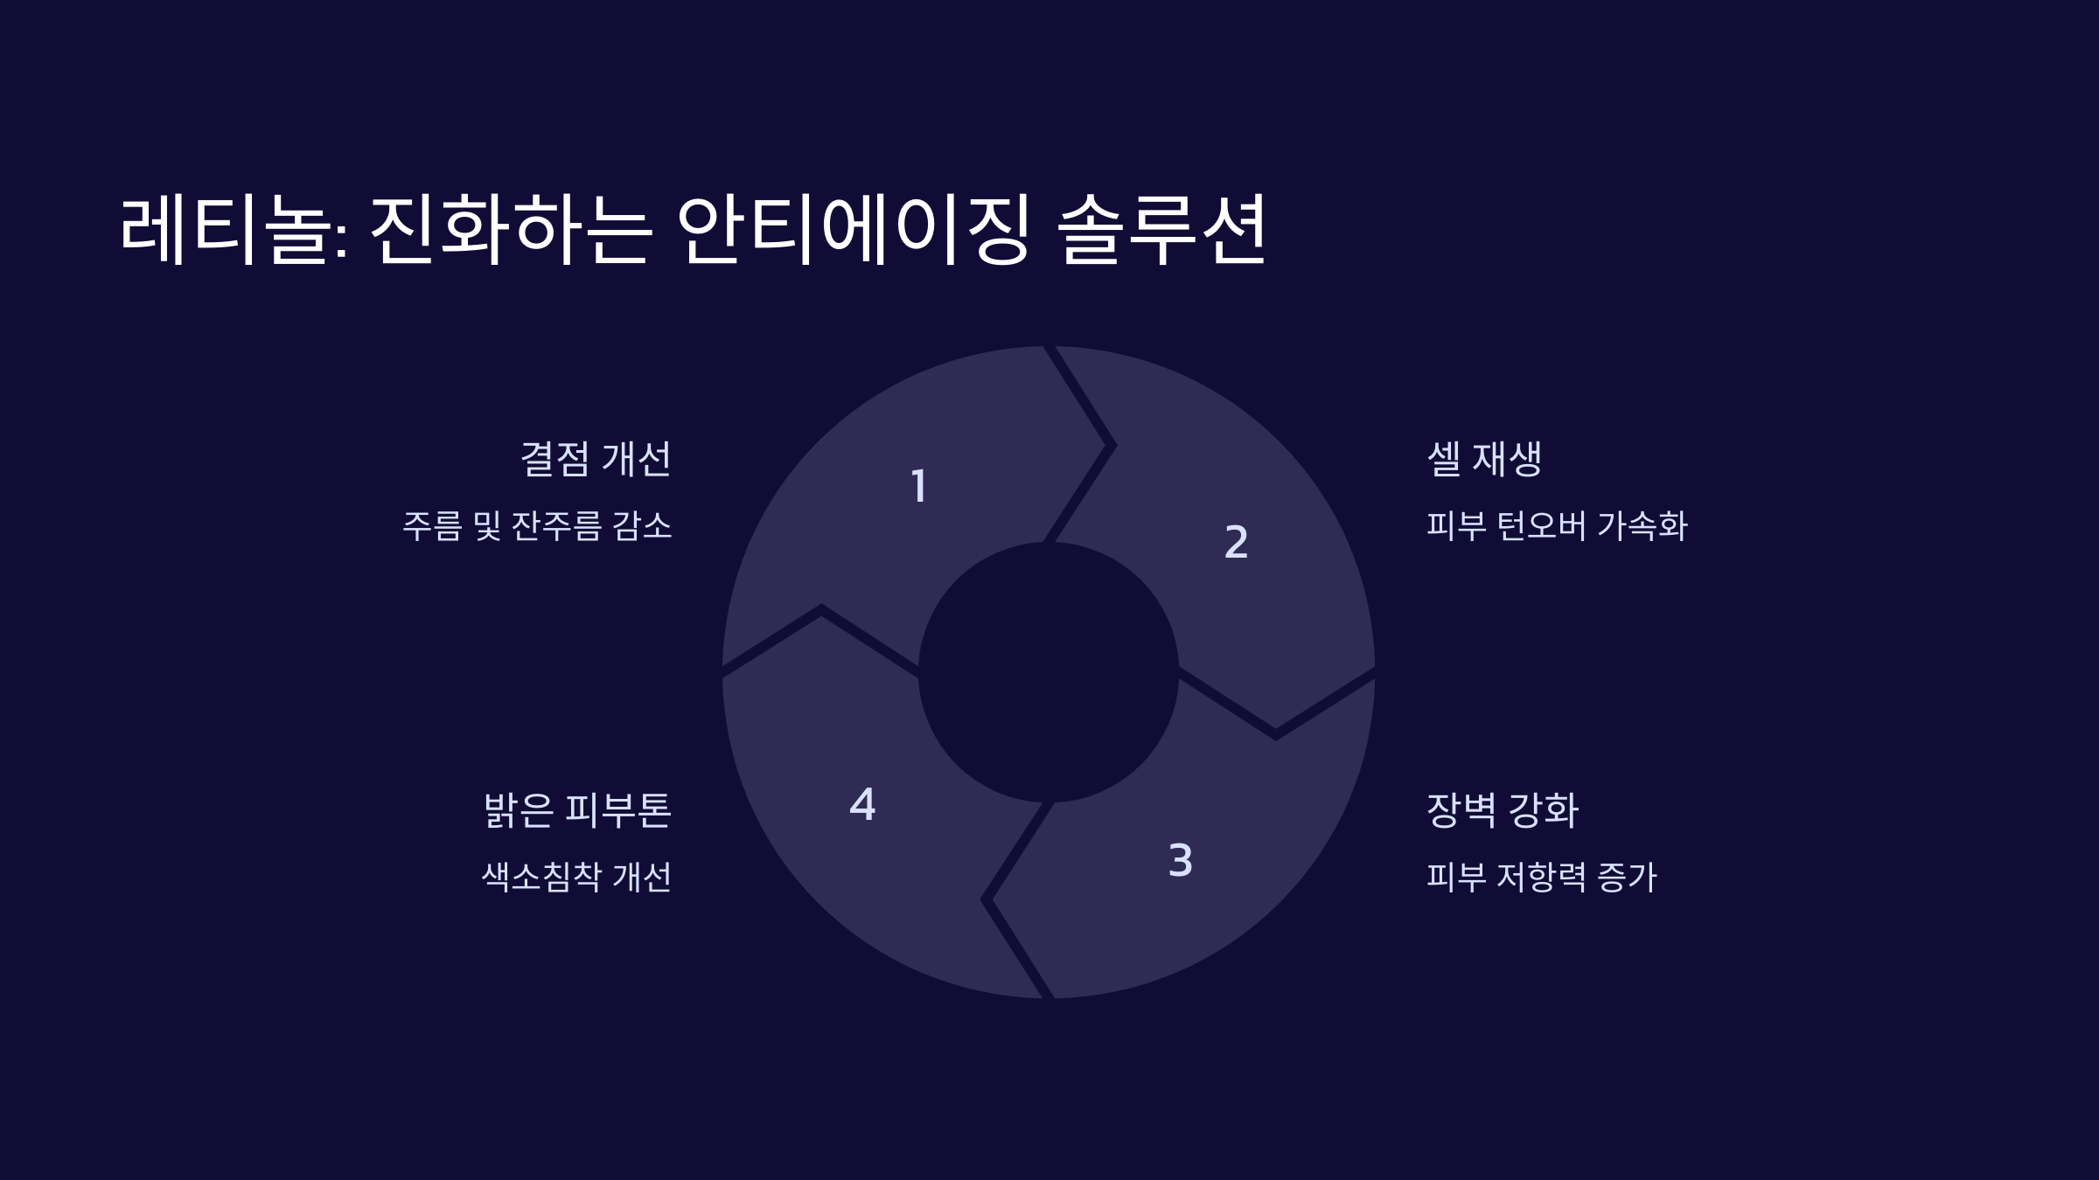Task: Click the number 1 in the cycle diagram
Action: click(x=918, y=486)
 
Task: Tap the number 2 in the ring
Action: click(x=1236, y=542)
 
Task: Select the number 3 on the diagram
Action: click(x=1181, y=860)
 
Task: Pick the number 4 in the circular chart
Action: click(x=862, y=804)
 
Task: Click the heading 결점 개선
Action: click(x=596, y=459)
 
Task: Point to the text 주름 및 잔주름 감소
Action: click(x=537, y=526)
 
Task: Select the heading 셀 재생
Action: click(x=1484, y=459)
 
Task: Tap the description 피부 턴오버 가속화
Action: click(x=1557, y=526)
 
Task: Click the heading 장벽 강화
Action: click(x=1503, y=810)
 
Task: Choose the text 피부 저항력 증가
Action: click(x=1542, y=878)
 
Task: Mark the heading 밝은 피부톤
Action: click(x=577, y=810)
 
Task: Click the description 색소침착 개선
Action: click(x=576, y=878)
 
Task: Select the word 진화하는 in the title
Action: click(x=511, y=229)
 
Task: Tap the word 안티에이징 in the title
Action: click(x=854, y=229)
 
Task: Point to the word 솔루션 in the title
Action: click(x=1161, y=229)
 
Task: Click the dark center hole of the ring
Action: click(x=1049, y=672)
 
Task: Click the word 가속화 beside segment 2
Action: click(x=1642, y=526)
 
